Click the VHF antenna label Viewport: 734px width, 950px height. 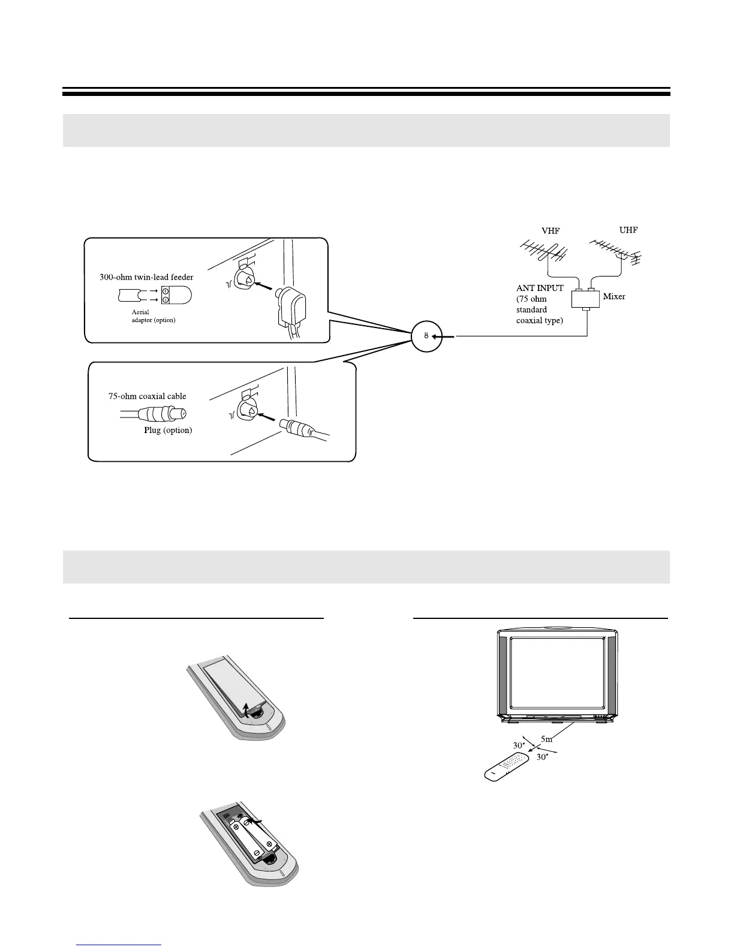(x=550, y=232)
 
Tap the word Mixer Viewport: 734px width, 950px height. (x=614, y=297)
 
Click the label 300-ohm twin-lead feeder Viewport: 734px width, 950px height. (x=146, y=278)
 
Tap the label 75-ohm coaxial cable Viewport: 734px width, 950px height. (x=147, y=396)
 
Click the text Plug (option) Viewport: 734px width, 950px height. (x=168, y=431)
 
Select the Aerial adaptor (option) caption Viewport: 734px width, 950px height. (x=154, y=316)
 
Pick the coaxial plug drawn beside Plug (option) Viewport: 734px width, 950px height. (x=162, y=414)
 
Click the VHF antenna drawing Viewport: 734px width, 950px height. (x=543, y=252)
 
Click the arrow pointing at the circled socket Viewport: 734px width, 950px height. (x=444, y=337)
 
